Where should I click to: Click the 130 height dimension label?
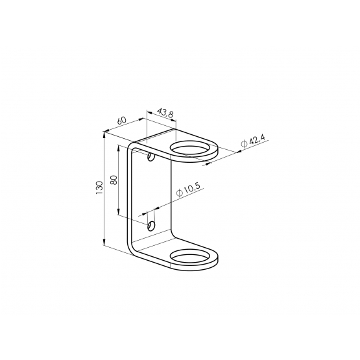pos(99,188)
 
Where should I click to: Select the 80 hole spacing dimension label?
pos(114,180)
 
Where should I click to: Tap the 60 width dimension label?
pos(122,120)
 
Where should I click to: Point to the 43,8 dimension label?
pos(165,113)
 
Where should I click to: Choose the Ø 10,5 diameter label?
pos(189,189)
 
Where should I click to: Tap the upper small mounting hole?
pos(151,157)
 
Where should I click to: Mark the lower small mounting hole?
pos(151,226)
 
